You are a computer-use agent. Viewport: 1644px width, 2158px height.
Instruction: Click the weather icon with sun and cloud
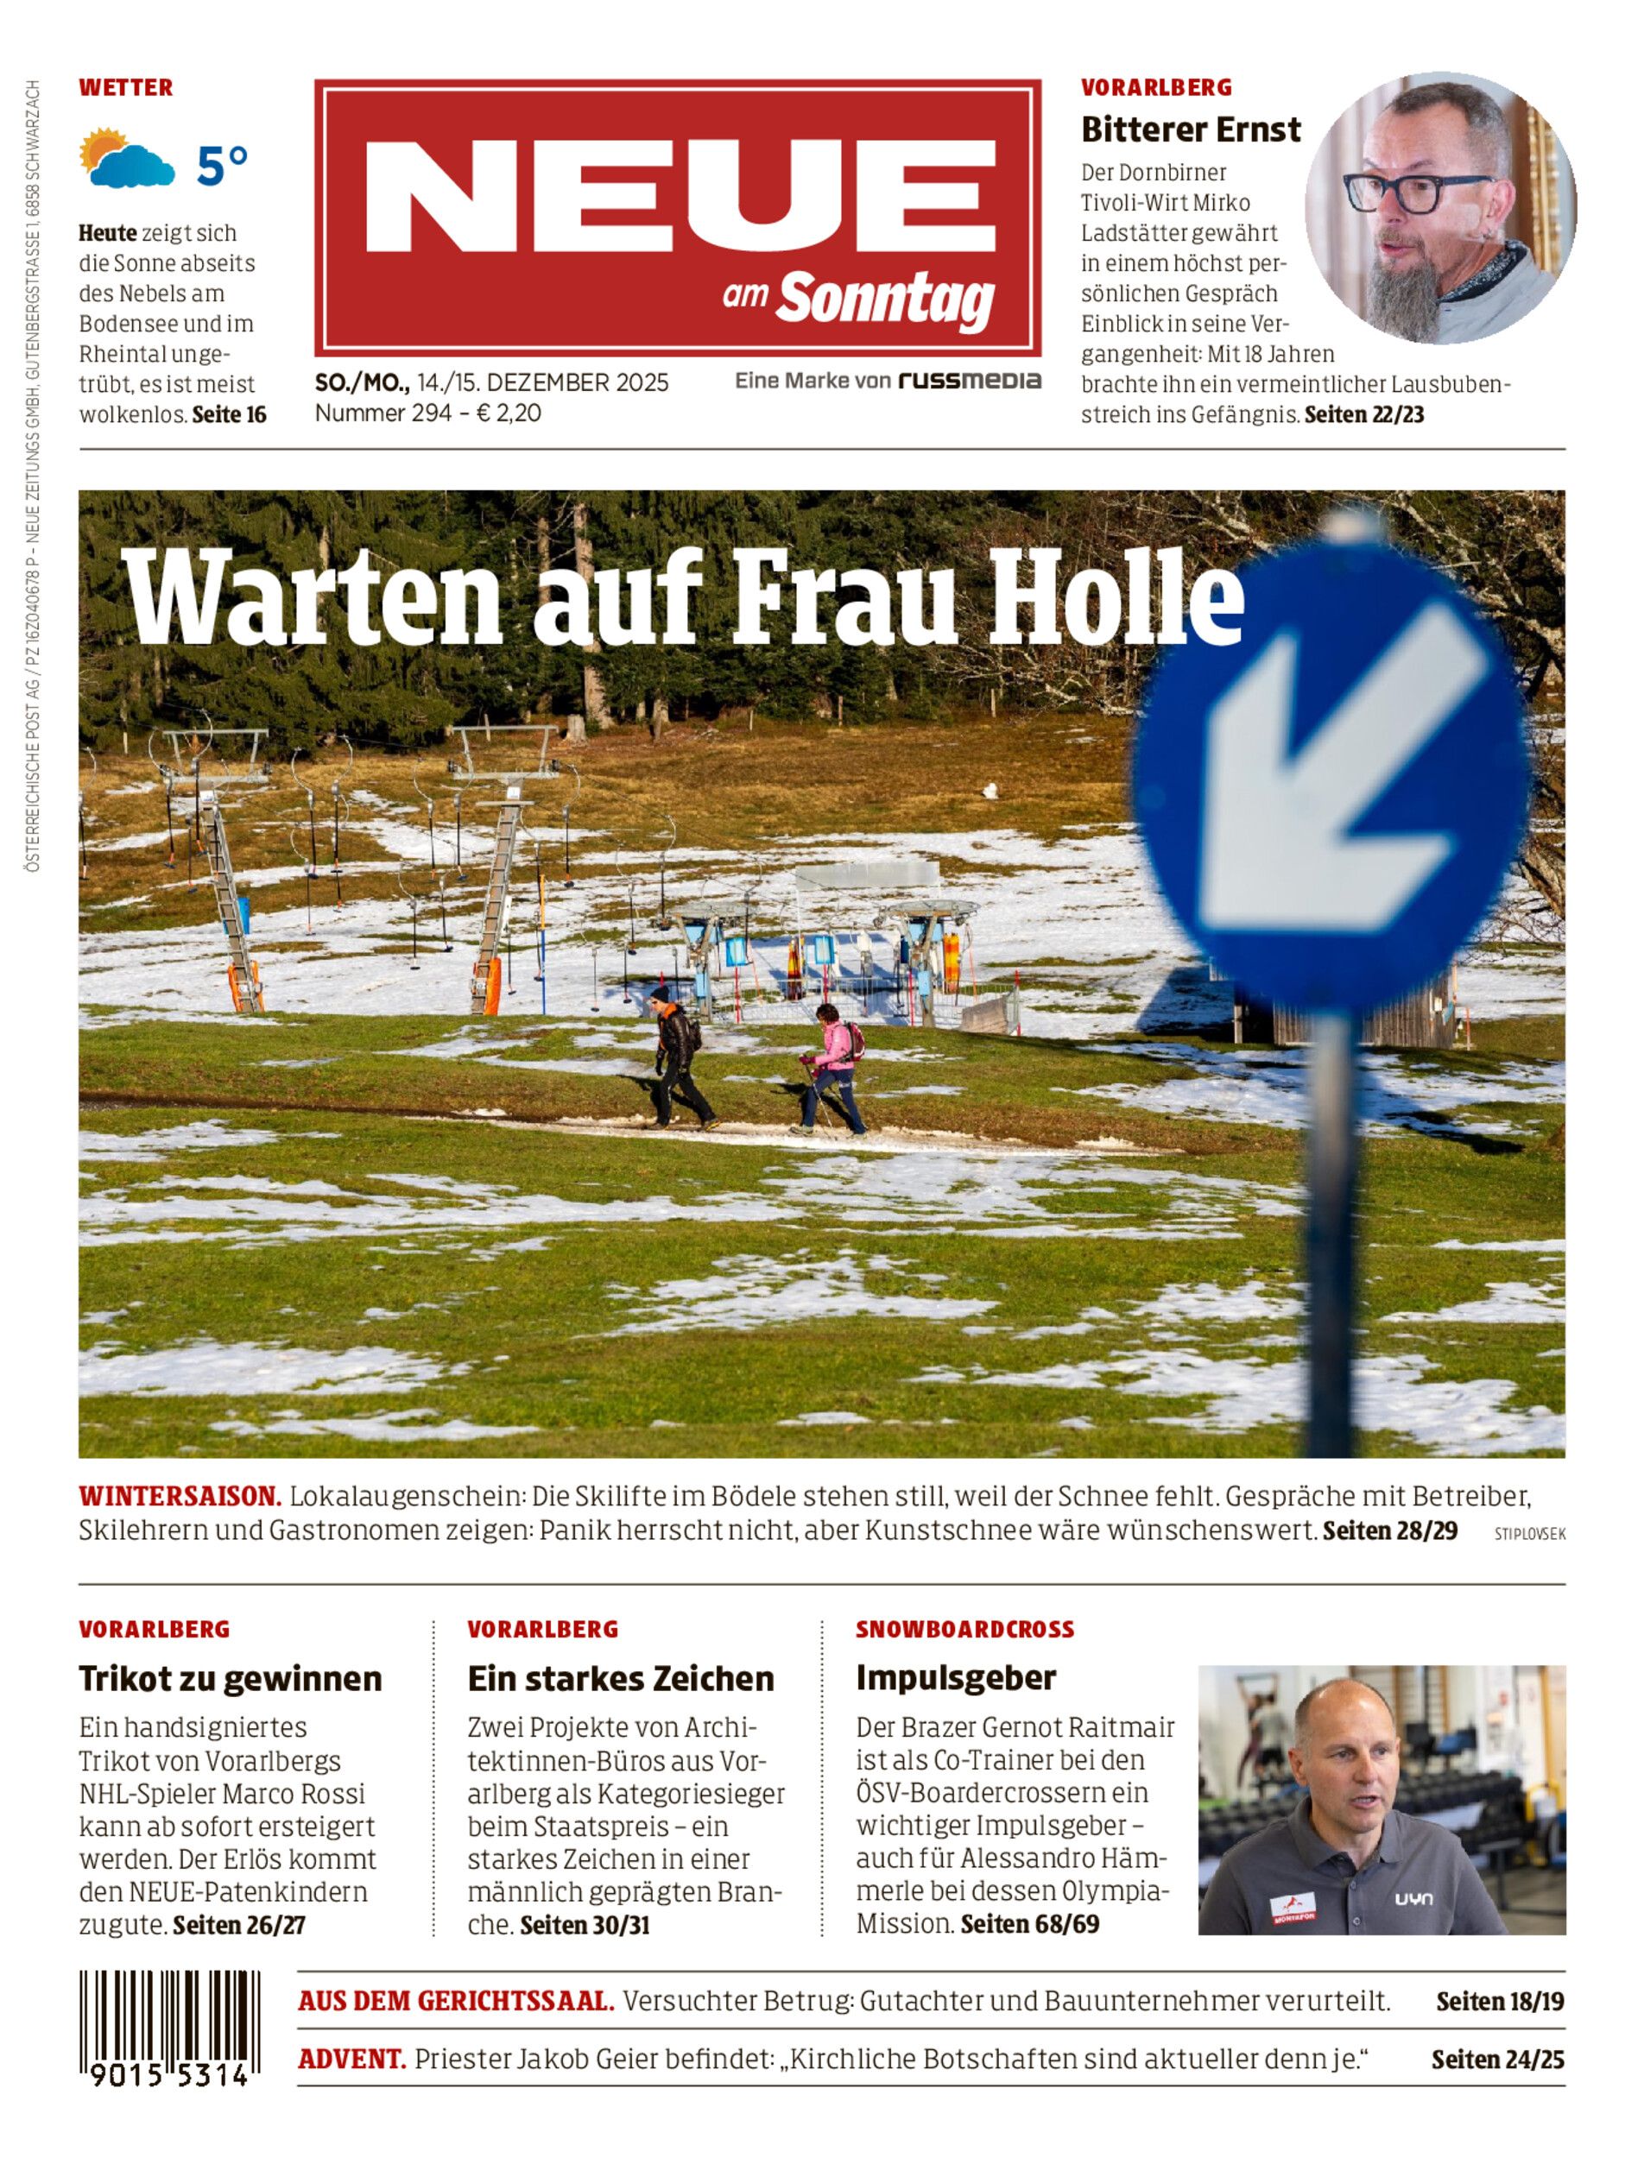127,160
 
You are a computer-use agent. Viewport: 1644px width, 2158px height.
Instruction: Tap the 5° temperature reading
222,166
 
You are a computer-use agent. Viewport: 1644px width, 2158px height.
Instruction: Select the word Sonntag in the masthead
886,299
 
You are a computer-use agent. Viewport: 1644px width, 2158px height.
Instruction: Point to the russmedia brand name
969,381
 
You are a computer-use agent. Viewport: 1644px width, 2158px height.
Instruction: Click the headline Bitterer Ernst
1190,129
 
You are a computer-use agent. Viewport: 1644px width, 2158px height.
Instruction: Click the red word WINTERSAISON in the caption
180,1497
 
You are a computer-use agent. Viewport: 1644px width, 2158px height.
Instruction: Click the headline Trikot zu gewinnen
230,1679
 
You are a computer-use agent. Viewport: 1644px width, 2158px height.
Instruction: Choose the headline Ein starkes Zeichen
621,1679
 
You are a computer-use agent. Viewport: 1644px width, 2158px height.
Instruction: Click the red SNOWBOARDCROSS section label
964,1630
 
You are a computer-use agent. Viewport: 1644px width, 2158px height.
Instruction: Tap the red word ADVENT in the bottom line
351,2060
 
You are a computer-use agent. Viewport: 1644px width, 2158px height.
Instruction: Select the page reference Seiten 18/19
1499,2002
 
